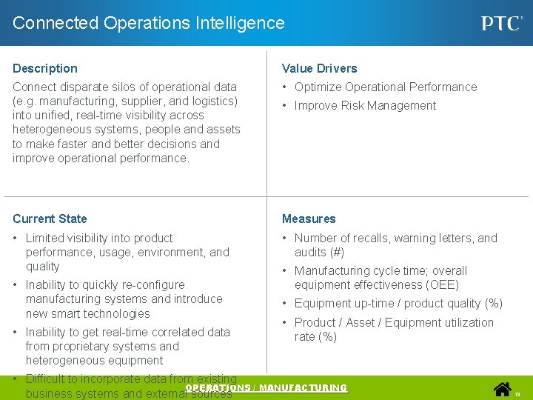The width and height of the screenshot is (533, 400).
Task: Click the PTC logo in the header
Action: [x=500, y=23]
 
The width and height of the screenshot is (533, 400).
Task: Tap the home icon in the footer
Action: [x=503, y=389]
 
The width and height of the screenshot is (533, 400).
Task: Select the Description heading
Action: [x=45, y=68]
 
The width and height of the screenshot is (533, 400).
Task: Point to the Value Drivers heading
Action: [x=319, y=68]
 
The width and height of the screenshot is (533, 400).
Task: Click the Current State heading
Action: [x=50, y=219]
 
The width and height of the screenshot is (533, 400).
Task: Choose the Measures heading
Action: [x=309, y=219]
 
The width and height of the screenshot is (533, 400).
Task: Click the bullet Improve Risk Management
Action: [x=365, y=105]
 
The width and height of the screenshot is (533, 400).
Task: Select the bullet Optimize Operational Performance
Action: [x=386, y=87]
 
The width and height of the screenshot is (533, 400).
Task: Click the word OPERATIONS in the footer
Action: [x=215, y=388]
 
